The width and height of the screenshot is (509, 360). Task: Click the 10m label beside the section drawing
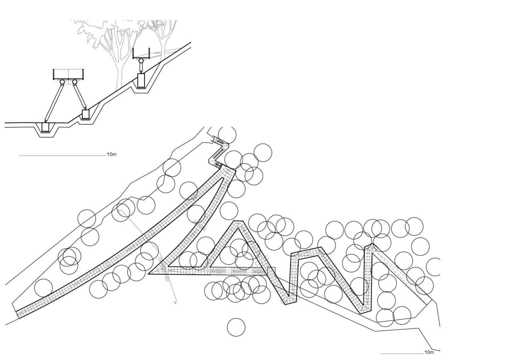pyautogui.click(x=111, y=154)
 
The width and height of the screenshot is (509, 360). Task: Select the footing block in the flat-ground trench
pyautogui.click(x=46, y=127)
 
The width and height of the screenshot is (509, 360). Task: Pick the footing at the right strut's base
pyautogui.click(x=85, y=114)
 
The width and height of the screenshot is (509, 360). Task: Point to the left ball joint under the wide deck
pyautogui.click(x=62, y=82)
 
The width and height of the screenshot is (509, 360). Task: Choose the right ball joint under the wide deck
pyautogui.click(x=75, y=82)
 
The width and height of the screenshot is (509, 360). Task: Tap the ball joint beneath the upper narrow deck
pyautogui.click(x=141, y=61)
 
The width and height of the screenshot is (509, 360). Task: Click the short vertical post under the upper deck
pyautogui.click(x=141, y=68)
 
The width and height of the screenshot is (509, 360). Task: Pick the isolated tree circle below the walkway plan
pyautogui.click(x=236, y=327)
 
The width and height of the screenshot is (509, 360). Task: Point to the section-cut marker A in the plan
pyautogui.click(x=175, y=303)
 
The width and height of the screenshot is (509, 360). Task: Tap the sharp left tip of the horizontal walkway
pyautogui.click(x=149, y=274)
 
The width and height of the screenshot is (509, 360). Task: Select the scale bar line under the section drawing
pyautogui.click(x=61, y=155)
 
